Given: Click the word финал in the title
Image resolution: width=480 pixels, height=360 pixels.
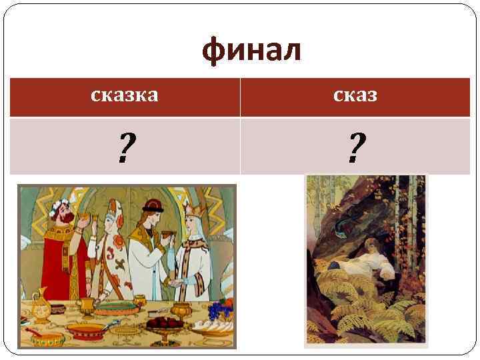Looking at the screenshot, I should click(253, 52).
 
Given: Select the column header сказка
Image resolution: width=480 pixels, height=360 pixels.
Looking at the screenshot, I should click(125, 96).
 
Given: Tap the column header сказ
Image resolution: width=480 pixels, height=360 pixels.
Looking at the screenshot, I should click(355, 96).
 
